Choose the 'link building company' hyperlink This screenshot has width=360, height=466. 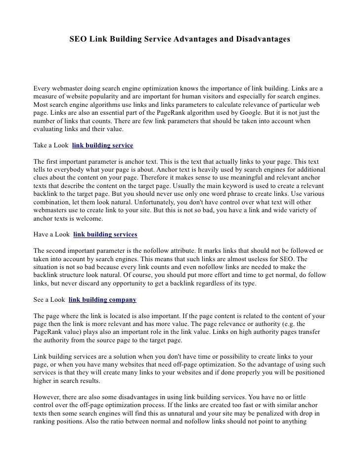click(x=103, y=300)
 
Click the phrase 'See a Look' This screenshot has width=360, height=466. click(x=49, y=300)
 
